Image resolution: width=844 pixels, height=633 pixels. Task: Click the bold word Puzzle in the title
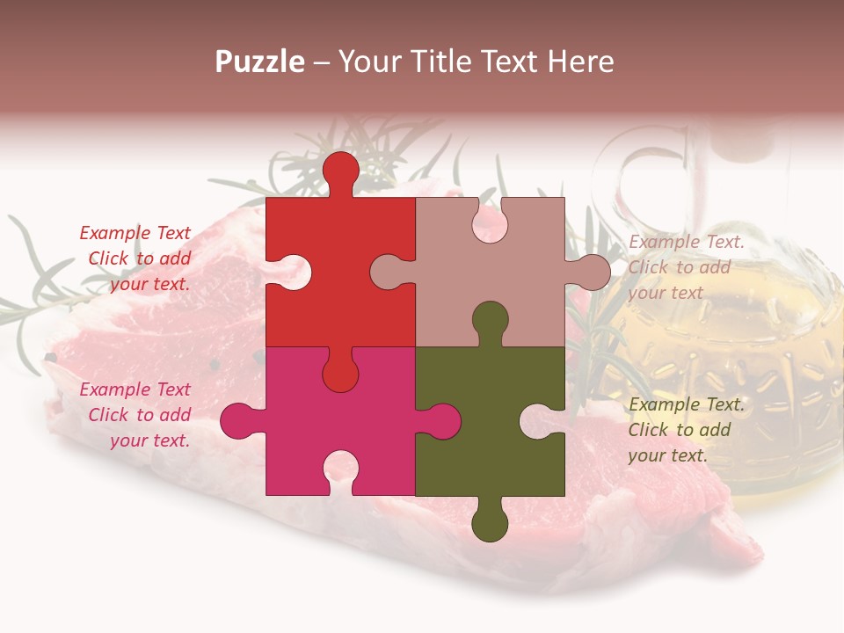[x=259, y=62]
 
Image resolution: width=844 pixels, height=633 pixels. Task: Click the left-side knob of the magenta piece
[x=237, y=420]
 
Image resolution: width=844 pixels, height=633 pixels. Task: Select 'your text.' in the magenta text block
[x=149, y=440]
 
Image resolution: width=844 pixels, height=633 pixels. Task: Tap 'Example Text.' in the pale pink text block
[x=687, y=242]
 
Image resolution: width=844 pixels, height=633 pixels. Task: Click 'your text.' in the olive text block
[x=667, y=455]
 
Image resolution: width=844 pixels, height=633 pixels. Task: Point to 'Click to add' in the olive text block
[x=679, y=430]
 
